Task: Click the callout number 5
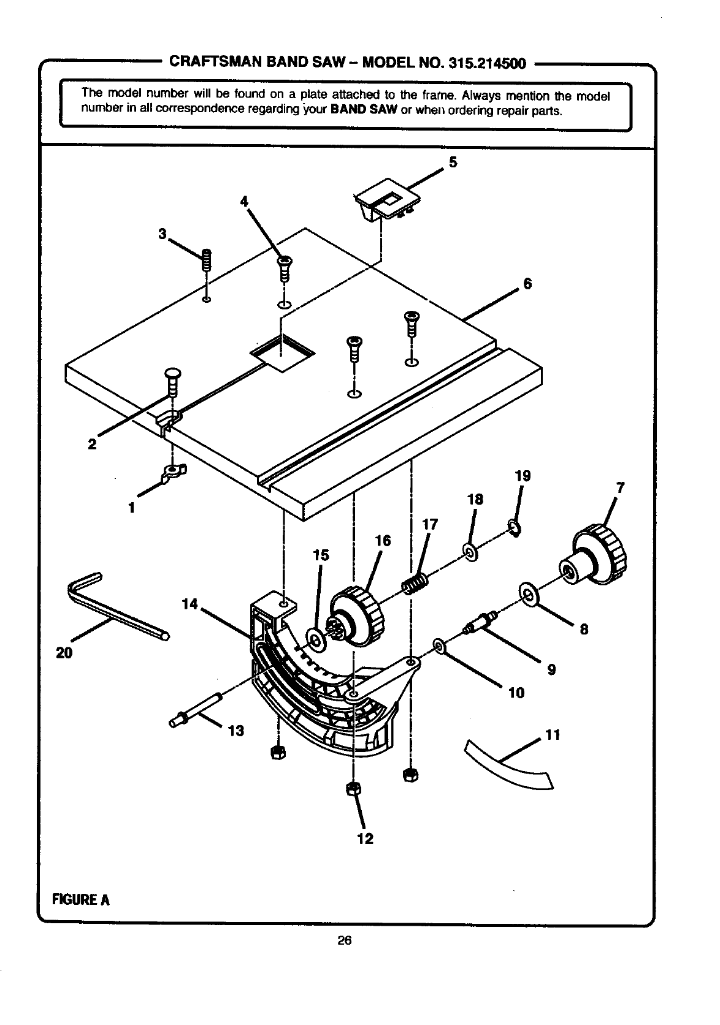click(453, 162)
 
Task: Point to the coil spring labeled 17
click(415, 584)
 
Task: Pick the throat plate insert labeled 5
click(387, 199)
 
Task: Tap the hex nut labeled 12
click(353, 789)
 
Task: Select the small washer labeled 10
click(439, 647)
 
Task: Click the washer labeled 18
click(470, 552)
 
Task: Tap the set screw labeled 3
click(207, 261)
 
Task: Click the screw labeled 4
click(284, 269)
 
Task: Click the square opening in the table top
click(282, 352)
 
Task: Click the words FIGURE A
click(80, 899)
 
